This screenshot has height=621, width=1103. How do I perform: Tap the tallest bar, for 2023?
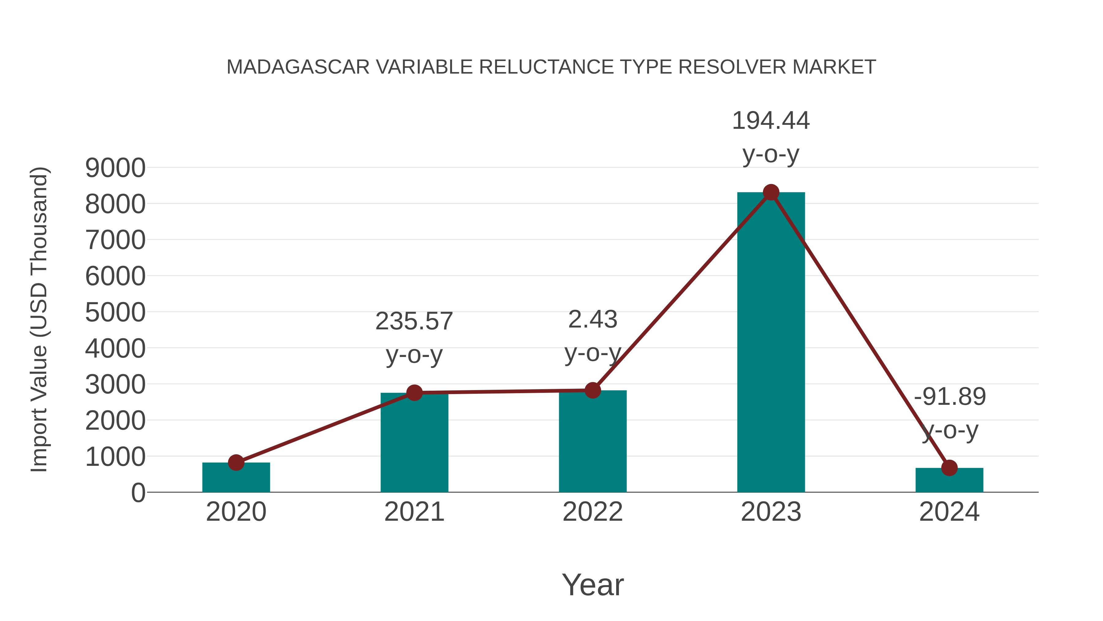click(x=771, y=343)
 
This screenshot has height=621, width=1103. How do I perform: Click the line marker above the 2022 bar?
click(x=593, y=390)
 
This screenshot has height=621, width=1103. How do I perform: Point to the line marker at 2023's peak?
click(x=771, y=192)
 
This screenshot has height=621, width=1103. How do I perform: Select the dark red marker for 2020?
click(x=236, y=462)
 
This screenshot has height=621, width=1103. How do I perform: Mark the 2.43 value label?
click(x=593, y=320)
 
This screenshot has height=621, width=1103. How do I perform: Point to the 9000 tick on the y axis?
click(x=115, y=168)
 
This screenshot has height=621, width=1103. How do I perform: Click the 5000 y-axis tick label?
click(x=115, y=312)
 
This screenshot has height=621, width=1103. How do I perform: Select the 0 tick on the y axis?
click(x=138, y=493)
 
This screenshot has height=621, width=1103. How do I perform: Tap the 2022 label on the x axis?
click(x=593, y=512)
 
